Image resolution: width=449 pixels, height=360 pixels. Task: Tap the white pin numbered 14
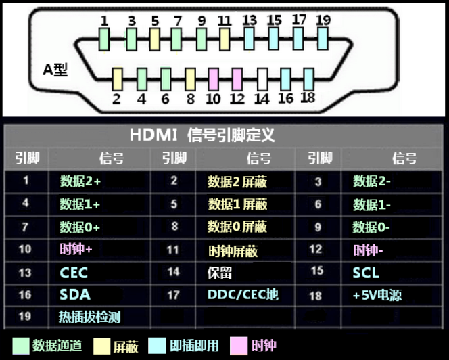(262, 79)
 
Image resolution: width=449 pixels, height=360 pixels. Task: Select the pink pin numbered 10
(214, 79)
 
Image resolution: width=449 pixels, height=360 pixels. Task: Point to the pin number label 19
(323, 20)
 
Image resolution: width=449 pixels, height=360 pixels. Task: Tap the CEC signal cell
(74, 273)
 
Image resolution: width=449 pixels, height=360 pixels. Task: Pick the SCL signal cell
(365, 273)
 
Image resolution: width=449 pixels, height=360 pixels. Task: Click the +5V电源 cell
(377, 295)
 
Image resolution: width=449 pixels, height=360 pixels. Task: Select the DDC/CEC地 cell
(243, 294)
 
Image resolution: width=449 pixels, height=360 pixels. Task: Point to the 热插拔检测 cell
(89, 316)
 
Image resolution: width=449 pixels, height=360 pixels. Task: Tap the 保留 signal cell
(220, 273)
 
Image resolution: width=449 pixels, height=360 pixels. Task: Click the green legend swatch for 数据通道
(21, 346)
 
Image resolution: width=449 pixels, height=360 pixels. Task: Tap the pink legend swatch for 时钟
(239, 346)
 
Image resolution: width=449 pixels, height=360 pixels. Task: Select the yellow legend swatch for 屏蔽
(103, 346)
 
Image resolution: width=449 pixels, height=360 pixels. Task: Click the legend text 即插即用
(195, 346)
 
